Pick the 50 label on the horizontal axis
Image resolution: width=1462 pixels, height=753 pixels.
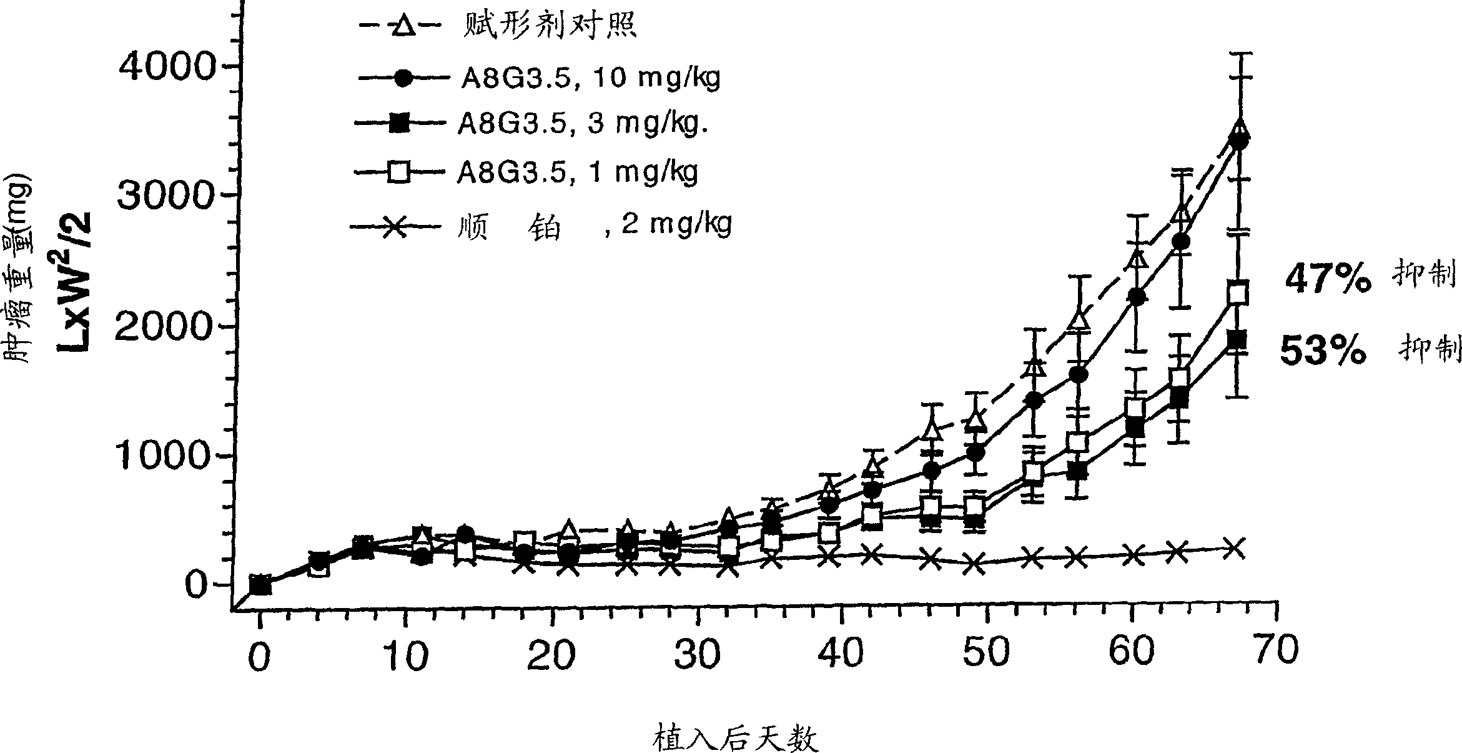point(986,652)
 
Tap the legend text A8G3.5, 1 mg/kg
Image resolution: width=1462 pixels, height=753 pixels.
point(578,171)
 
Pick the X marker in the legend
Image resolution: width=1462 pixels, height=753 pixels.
point(395,226)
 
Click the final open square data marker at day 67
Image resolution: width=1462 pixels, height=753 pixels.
point(1237,293)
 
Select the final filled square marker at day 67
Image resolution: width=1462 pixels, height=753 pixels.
point(1237,339)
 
